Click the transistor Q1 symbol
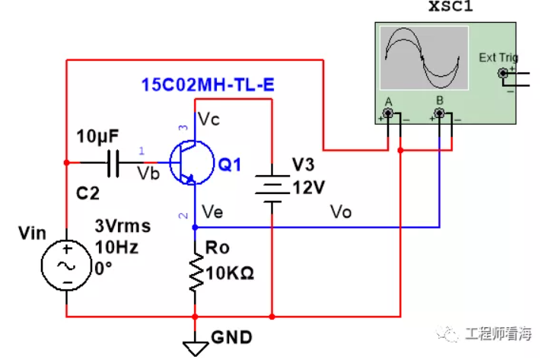(192, 163)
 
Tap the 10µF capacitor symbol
(113, 163)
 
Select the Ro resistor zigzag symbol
(196, 272)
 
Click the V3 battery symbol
(272, 189)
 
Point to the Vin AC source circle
(66, 265)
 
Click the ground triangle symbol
(196, 349)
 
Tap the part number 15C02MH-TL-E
(208, 85)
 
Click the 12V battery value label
(309, 187)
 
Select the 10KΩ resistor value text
(230, 273)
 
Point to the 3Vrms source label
(123, 226)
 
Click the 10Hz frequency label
(116, 247)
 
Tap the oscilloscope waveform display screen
(424, 58)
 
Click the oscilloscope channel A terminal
(388, 113)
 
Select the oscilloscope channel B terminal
(439, 113)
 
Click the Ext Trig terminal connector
(503, 73)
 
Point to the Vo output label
(341, 212)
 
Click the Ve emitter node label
(212, 212)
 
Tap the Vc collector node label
(208, 119)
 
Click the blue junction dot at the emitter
(195, 227)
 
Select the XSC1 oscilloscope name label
(450, 6)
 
